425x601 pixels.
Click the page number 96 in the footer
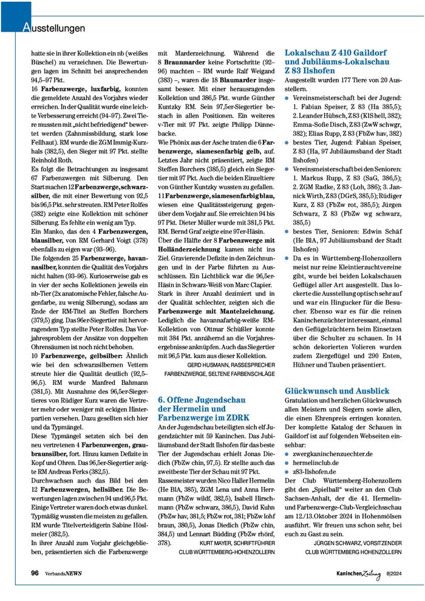(36, 573)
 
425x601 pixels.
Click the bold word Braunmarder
(188, 63)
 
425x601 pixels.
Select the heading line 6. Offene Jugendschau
(201, 400)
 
